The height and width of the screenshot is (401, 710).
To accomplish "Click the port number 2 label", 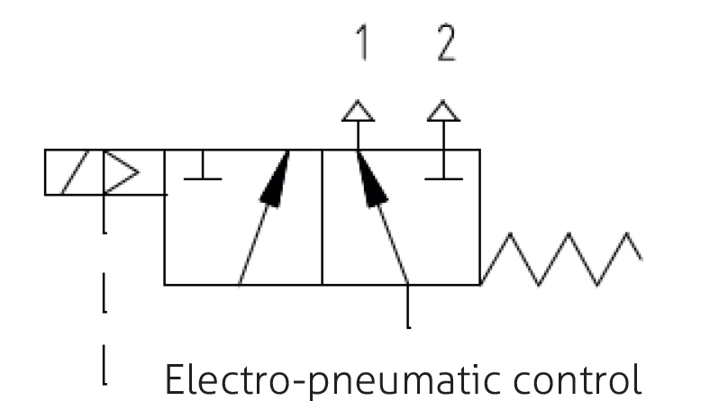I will point(445,46).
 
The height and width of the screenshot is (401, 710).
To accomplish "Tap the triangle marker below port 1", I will point(358,112).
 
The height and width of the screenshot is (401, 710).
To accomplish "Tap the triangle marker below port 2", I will point(442,112).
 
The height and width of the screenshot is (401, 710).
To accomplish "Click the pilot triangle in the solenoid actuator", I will point(121,171).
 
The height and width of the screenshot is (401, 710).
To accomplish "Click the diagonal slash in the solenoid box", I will point(75,173).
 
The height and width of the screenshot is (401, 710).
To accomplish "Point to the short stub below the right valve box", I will point(410,306).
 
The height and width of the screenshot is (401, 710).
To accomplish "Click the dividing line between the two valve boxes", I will point(322,217).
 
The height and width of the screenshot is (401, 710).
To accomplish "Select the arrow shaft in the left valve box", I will point(255,243).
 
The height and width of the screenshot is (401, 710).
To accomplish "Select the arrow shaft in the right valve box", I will point(395,243).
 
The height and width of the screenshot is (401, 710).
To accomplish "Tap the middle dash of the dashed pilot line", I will point(105,298).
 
